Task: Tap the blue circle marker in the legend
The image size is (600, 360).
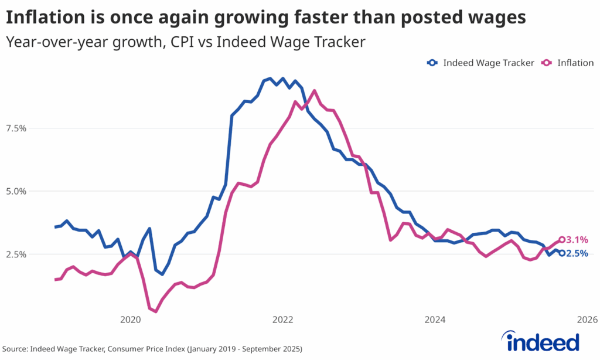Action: pyautogui.click(x=432, y=63)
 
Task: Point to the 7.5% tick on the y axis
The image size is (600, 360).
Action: pyautogui.click(x=16, y=128)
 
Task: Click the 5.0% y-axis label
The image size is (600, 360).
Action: pyautogui.click(x=16, y=191)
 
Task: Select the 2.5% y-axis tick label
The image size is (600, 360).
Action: pyautogui.click(x=16, y=254)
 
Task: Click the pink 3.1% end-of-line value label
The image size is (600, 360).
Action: pyautogui.click(x=577, y=240)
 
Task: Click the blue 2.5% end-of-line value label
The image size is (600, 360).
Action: pyautogui.click(x=577, y=254)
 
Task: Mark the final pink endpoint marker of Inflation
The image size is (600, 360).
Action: pyautogui.click(x=562, y=239)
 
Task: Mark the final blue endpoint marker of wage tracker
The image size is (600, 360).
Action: pyautogui.click(x=562, y=253)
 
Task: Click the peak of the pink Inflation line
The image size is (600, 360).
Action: pyautogui.click(x=315, y=90)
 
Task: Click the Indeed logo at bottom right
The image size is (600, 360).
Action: pyautogui.click(x=543, y=341)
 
